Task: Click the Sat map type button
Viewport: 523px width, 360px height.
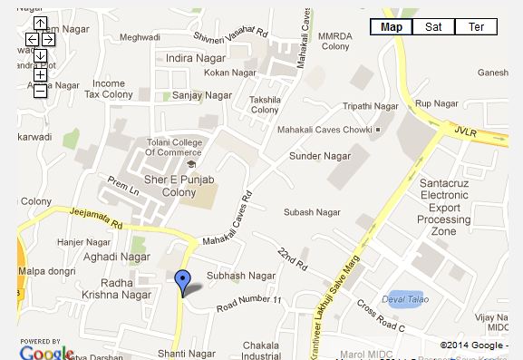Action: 433,27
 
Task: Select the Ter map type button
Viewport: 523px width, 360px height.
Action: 476,27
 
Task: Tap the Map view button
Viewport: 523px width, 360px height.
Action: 392,27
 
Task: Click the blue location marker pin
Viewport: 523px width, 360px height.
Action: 182,282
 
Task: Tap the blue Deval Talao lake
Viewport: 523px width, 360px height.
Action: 404,299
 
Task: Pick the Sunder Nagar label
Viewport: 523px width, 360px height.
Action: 313,156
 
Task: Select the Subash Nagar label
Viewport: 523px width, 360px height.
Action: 312,212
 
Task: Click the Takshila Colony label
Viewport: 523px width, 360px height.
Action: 265,103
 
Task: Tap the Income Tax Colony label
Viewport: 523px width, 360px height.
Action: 108,89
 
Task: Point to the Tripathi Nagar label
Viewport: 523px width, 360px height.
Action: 371,106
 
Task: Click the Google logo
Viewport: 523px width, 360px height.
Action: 46,352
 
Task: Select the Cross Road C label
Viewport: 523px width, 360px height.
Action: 380,315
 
